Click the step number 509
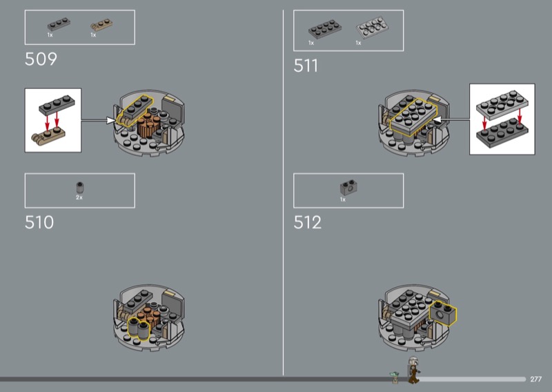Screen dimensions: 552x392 coord(41,59)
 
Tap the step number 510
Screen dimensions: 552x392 coord(39,222)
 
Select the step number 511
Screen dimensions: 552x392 coord(306,66)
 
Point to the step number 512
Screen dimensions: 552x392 coord(308,222)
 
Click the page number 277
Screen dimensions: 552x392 coord(536,379)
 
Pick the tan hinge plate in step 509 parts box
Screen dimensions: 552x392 coord(101,25)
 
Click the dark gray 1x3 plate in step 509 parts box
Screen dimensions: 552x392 coord(59,24)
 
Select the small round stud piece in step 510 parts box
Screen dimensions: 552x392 coord(80,187)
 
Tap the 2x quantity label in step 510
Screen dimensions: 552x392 coord(79,197)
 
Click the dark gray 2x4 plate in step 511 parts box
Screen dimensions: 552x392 coord(324,29)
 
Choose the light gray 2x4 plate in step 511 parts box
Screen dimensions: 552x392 coord(372,28)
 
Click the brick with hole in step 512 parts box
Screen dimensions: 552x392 coord(349,188)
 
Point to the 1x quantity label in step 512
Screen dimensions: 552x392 coord(343,199)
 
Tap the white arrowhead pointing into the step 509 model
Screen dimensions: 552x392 coord(111,121)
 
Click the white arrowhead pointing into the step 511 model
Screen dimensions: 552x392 coord(437,120)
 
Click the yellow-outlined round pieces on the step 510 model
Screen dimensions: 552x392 coord(139,329)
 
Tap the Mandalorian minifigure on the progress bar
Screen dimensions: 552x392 coord(413,370)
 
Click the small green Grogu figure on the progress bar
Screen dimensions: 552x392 coord(395,378)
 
